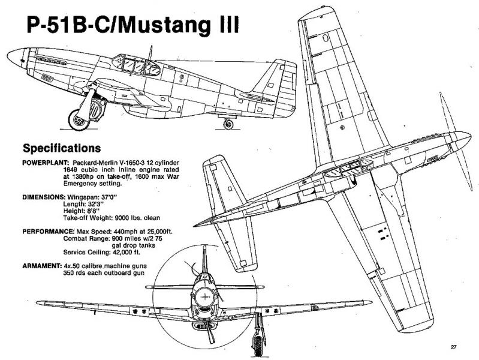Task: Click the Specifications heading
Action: (x=62, y=148)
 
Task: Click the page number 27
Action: (x=453, y=347)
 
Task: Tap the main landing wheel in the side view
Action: (x=79, y=120)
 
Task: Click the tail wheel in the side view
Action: (x=228, y=124)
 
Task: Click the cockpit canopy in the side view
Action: (x=136, y=65)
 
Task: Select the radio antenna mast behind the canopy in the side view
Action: (x=150, y=53)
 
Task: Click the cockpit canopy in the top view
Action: (x=348, y=169)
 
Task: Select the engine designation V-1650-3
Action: (x=120, y=163)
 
